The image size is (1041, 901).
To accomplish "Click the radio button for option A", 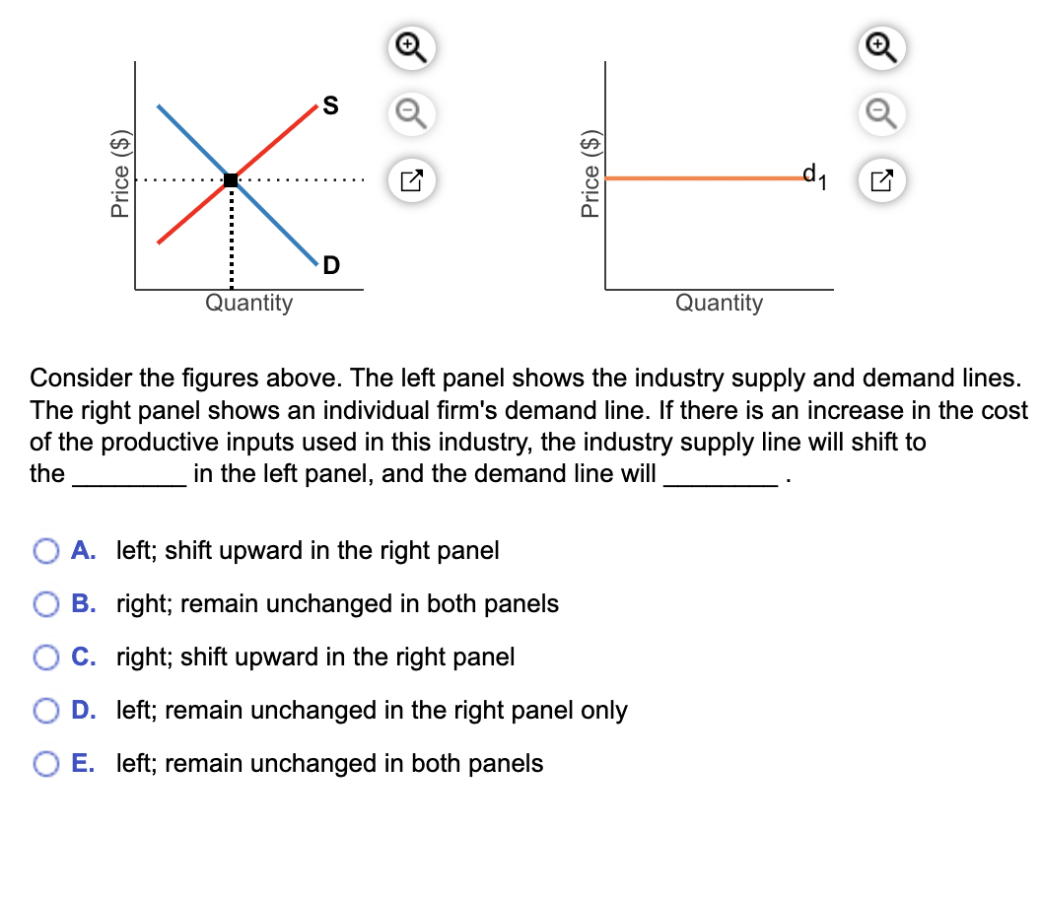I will (46, 550).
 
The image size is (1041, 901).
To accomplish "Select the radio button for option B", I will (46, 603).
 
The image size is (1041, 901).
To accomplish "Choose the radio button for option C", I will (46, 657).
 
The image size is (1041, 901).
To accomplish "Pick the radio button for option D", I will (46, 710).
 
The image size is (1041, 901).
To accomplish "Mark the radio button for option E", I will (46, 763).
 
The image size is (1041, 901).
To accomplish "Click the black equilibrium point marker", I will (231, 179).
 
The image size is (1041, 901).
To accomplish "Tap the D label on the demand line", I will (330, 264).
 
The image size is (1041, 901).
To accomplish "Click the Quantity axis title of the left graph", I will (248, 303).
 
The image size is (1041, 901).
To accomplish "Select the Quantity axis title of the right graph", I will (719, 303).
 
